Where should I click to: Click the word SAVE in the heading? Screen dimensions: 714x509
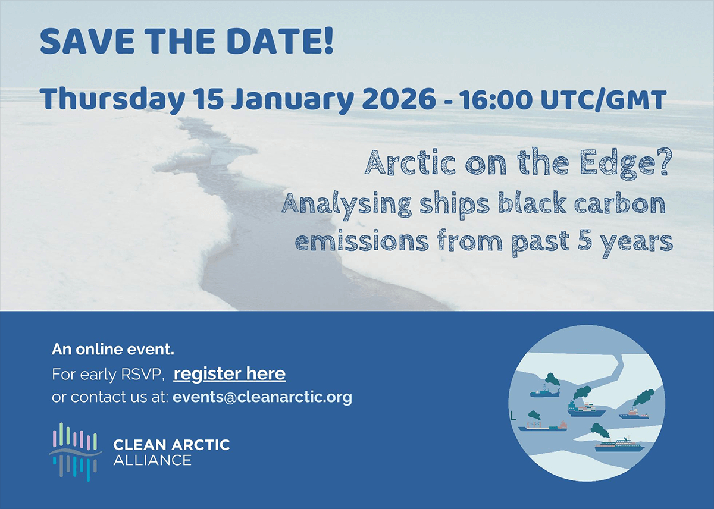pos(87,42)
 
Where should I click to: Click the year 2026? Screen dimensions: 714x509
pos(399,98)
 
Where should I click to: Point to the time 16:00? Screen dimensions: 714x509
pos(496,99)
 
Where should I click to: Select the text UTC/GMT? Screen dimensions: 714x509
pos(604,99)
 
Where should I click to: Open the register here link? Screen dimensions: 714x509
pos(230,374)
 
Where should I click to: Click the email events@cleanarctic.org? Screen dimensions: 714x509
pos(262,397)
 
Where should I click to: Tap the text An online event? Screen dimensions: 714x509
pos(113,350)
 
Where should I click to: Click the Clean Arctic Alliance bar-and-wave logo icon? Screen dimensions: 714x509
pos(76,452)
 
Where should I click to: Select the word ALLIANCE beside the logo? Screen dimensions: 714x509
pos(152,460)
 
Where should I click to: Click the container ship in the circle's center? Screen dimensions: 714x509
pos(587,409)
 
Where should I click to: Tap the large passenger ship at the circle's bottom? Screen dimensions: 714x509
pos(619,445)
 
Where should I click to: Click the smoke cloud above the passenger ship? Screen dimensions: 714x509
pos(600,431)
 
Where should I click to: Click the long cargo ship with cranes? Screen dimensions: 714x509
pos(543,426)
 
